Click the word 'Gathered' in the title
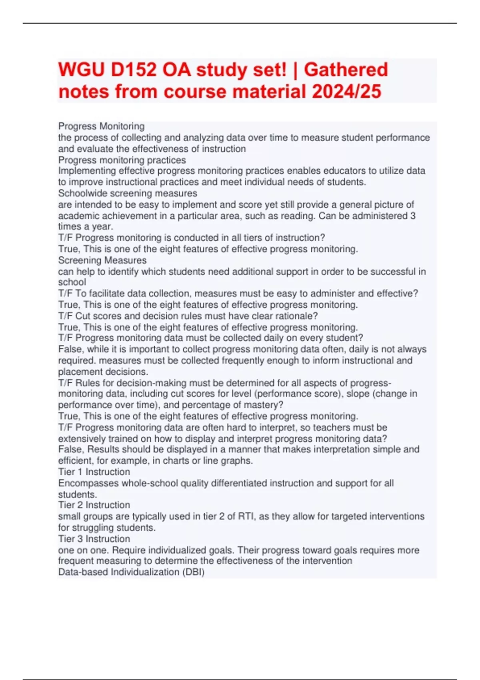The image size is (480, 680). pos(346,70)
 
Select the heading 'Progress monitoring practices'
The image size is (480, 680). pos(122,160)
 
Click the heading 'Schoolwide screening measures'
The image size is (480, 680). pos(128,193)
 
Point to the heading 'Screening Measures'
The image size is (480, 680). pos(102,260)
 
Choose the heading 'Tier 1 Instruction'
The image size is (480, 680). pos(94,472)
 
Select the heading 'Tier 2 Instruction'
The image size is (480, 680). pos(94,505)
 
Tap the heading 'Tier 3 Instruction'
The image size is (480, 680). pos(94,539)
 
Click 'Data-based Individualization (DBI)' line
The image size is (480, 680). pos(131,572)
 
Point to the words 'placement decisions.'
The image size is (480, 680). pos(103,372)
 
